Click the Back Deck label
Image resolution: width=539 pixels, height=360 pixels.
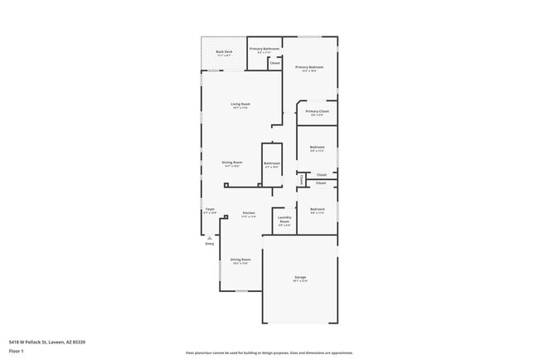[x=223, y=53]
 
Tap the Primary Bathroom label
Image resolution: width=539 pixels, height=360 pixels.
[x=265, y=51]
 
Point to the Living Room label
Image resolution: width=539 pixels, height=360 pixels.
[x=240, y=105]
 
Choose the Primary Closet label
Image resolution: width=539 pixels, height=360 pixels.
[x=317, y=113]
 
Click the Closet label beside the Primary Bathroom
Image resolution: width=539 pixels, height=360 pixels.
[x=274, y=63]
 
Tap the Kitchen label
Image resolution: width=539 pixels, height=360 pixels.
[x=249, y=214]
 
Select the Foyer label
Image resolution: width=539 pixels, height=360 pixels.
[x=210, y=210]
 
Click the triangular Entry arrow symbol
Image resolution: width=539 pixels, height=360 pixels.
[x=209, y=237]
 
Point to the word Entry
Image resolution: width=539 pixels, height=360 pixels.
[x=209, y=244]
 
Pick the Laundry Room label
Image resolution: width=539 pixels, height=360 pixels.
[x=284, y=221]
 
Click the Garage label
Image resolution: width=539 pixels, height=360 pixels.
[x=300, y=278]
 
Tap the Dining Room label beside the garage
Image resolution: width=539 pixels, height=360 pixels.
[x=240, y=260]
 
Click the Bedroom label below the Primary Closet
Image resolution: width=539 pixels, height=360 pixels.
[x=317, y=148]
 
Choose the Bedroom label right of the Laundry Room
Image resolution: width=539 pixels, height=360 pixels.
[x=317, y=210]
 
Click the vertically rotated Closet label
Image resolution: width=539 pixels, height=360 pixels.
[x=301, y=178]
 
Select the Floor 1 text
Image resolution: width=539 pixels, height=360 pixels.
[x=17, y=351]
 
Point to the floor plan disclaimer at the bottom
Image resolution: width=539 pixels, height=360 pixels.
[x=269, y=352]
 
